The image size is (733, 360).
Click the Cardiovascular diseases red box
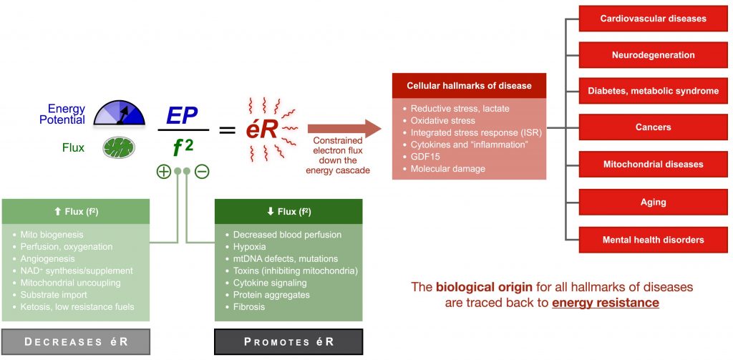pos(653,19)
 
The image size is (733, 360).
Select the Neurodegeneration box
pos(653,55)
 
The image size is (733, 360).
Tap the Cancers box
pos(653,127)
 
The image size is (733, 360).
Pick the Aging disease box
pos(653,203)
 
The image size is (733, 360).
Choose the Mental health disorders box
pos(653,240)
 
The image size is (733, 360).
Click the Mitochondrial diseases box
pos(653,164)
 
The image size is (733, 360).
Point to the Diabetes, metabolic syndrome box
pos(653,91)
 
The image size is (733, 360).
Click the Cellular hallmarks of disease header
pos(469,86)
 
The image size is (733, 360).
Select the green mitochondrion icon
pos(115,148)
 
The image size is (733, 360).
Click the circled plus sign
pos(164,172)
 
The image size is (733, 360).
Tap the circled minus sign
pos(202,172)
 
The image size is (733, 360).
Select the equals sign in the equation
pos(227,130)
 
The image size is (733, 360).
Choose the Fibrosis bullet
pos(249,307)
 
